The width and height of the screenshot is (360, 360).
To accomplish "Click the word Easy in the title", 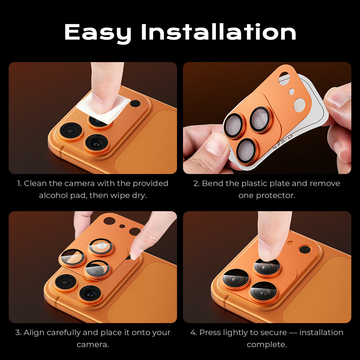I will tap(98, 32).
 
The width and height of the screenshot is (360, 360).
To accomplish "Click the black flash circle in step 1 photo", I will tap(135, 104).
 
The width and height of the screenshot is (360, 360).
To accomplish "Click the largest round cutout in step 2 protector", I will tap(299, 104).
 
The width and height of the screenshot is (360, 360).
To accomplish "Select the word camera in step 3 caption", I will tap(92, 344).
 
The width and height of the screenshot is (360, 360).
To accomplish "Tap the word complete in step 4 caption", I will tap(266, 344).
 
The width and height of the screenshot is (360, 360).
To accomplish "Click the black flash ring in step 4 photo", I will tap(305, 249).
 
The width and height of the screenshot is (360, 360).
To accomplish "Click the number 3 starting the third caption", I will tap(18, 332).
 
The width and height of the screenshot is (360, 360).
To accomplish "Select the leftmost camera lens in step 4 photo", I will tap(235, 279).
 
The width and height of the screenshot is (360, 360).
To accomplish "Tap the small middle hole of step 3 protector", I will tap(122, 226).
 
